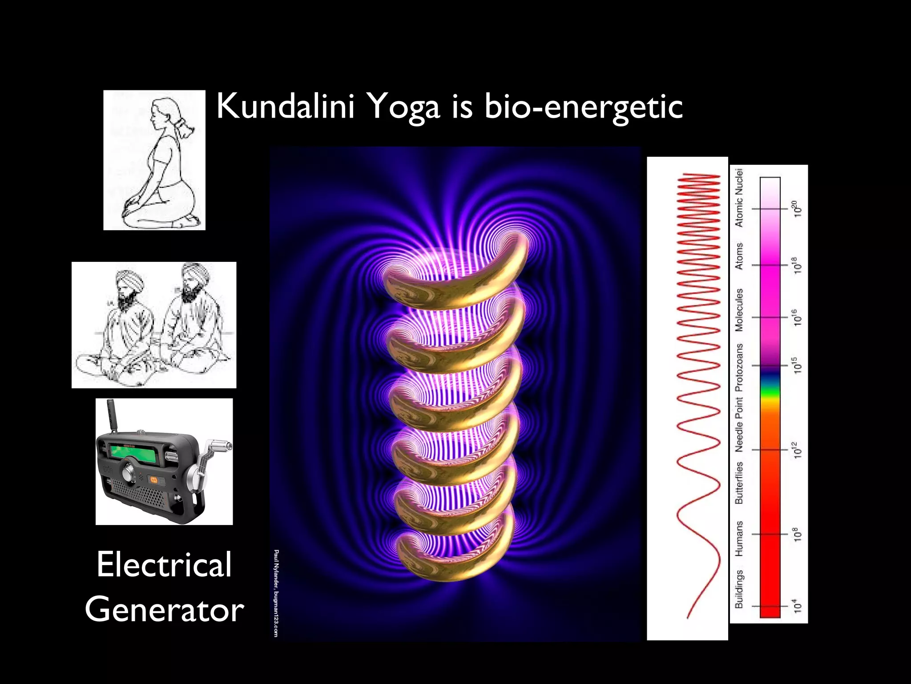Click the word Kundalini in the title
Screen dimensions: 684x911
[285, 107]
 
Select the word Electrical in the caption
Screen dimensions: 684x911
[164, 564]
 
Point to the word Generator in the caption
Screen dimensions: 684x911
[164, 610]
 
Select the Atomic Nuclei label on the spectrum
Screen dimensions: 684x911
[739, 198]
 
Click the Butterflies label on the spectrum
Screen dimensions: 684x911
[739, 483]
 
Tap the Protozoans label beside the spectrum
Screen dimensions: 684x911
[739, 367]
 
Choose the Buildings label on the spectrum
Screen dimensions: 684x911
[739, 589]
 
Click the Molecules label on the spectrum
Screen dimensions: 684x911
[739, 310]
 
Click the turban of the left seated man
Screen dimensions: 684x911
[129, 278]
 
